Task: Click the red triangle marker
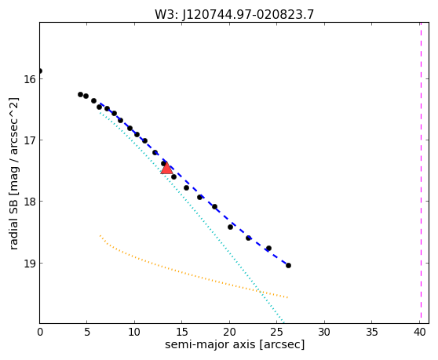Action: click(x=166, y=168)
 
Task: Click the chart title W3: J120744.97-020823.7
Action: click(x=235, y=15)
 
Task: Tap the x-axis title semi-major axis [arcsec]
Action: click(x=235, y=344)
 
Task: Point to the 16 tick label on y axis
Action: click(x=30, y=79)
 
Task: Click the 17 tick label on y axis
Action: click(x=30, y=140)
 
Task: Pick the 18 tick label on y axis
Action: click(x=30, y=202)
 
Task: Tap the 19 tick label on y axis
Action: click(x=30, y=264)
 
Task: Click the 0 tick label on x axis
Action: click(x=40, y=332)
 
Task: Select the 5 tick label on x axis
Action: click(x=87, y=332)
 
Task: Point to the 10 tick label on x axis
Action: click(x=134, y=332)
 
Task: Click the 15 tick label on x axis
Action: click(x=182, y=332)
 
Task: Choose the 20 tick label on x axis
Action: click(x=229, y=332)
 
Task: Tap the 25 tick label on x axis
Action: click(x=276, y=332)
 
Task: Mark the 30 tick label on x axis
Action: click(x=324, y=332)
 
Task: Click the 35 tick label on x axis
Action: click(x=371, y=332)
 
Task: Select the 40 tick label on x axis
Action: click(x=420, y=332)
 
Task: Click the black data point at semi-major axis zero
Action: click(x=40, y=71)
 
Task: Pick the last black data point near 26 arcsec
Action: click(x=288, y=265)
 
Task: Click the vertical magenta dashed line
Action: click(x=421, y=173)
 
